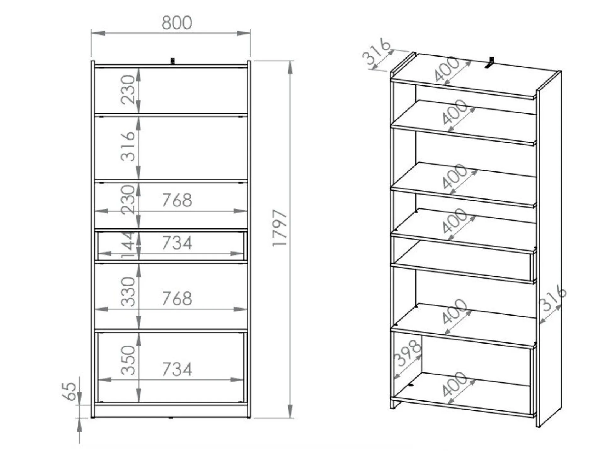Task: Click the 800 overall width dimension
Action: click(177, 23)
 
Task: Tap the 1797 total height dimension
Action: click(279, 228)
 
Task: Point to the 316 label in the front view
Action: click(128, 147)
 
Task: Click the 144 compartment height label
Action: click(128, 245)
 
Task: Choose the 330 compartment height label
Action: click(128, 291)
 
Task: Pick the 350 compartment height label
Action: click(128, 360)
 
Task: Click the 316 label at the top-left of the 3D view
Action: click(376, 52)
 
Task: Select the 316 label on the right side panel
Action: click(553, 298)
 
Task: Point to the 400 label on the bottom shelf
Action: click(455, 384)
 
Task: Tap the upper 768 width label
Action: click(177, 200)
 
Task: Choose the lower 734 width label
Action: click(177, 369)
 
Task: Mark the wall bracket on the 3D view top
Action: click(489, 62)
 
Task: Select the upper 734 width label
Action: click(177, 243)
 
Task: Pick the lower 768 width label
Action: click(177, 299)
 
